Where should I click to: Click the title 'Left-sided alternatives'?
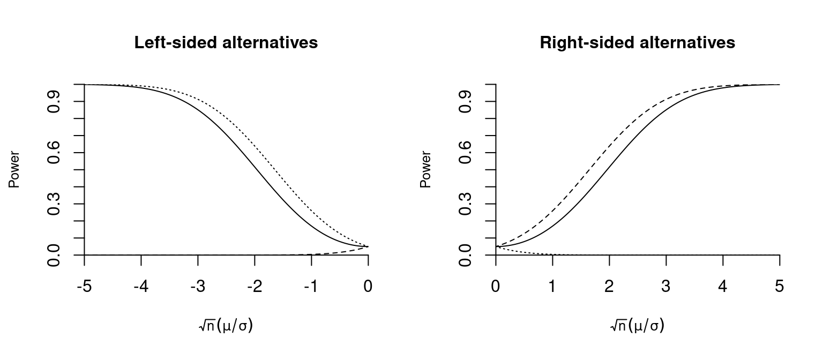click(x=226, y=43)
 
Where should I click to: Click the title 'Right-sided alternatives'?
click(x=637, y=43)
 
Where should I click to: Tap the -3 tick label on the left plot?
click(x=198, y=287)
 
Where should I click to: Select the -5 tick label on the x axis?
click(x=84, y=287)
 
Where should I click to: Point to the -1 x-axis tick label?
click(x=311, y=287)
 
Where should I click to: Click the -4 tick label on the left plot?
click(x=141, y=287)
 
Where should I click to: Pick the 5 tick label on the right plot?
click(x=779, y=287)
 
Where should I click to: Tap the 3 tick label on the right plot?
click(x=666, y=287)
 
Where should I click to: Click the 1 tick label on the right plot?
click(x=552, y=287)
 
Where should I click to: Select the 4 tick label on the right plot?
click(x=723, y=287)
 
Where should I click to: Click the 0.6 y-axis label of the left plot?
click(x=54, y=153)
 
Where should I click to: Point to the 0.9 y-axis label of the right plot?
click(x=466, y=102)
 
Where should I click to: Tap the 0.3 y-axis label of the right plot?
click(x=466, y=204)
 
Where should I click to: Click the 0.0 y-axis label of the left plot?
click(x=54, y=254)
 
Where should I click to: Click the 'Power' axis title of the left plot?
click(x=14, y=169)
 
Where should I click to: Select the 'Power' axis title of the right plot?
click(x=426, y=169)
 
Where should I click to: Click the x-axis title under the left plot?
click(x=226, y=325)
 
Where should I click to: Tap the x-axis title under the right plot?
click(x=637, y=325)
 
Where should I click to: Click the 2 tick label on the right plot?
click(x=609, y=287)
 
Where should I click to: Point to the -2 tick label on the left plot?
click(x=254, y=287)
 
